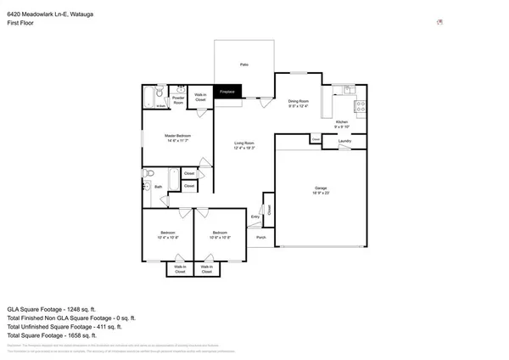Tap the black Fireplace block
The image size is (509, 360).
pyautogui.click(x=227, y=91)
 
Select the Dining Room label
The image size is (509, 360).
pyautogui.click(x=298, y=103)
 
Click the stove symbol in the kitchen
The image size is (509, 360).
pyautogui.click(x=359, y=107)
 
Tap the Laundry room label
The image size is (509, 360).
pyautogui.click(x=344, y=140)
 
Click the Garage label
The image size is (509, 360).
pyautogui.click(x=321, y=190)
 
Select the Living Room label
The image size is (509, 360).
pyautogui.click(x=244, y=144)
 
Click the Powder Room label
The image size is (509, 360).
pyautogui.click(x=179, y=98)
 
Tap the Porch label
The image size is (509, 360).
pyautogui.click(x=261, y=238)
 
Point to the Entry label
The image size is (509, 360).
pyautogui.click(x=255, y=218)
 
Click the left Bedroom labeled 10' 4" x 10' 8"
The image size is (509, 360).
pyautogui.click(x=168, y=234)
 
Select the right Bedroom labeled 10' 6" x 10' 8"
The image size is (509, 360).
pyautogui.click(x=220, y=234)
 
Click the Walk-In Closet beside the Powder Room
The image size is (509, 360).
pyautogui.click(x=201, y=98)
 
